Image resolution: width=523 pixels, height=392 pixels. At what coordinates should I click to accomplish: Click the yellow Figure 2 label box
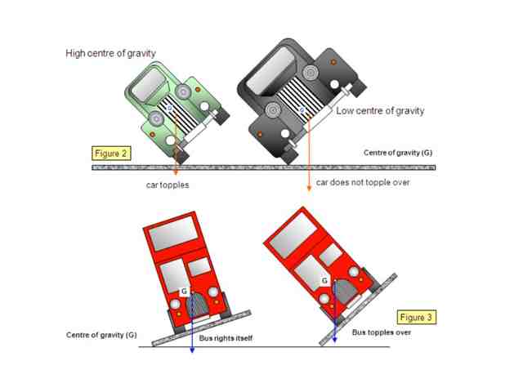(111, 154)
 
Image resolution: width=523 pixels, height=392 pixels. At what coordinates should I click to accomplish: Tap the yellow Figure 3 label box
(416, 317)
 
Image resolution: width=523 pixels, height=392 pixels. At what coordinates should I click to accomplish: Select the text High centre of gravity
(111, 53)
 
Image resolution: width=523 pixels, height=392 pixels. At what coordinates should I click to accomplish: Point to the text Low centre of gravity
(380, 111)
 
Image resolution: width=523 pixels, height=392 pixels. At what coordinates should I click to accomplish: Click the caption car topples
(168, 185)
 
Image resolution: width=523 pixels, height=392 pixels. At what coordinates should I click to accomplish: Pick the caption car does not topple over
(363, 182)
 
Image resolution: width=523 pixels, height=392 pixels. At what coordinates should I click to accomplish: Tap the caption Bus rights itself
(226, 338)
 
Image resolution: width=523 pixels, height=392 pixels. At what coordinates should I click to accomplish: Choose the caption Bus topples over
(382, 332)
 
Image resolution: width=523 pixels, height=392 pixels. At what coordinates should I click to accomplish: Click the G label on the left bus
(184, 292)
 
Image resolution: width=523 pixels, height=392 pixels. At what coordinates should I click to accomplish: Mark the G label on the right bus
(324, 281)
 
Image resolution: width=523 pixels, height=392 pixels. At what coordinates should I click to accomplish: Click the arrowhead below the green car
(176, 172)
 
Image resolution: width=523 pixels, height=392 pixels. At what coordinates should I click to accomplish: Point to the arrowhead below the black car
(309, 189)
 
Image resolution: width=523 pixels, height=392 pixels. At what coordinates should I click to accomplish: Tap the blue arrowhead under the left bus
(192, 350)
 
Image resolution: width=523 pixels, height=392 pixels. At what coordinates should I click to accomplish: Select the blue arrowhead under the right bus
(334, 339)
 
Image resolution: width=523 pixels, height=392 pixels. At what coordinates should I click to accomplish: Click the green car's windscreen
(148, 83)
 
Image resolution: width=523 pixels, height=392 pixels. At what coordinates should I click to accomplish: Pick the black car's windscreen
(270, 70)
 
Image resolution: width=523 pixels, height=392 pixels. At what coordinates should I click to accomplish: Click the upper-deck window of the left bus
(173, 233)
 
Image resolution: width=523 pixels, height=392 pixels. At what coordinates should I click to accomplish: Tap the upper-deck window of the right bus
(293, 235)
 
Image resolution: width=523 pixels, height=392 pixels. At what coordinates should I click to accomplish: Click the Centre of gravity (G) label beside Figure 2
(398, 153)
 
